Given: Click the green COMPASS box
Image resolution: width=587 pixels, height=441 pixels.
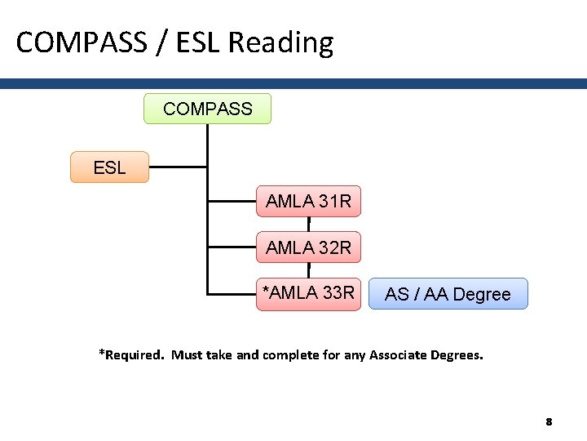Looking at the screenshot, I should (x=207, y=109).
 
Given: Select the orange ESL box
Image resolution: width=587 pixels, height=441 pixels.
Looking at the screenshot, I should (x=109, y=167).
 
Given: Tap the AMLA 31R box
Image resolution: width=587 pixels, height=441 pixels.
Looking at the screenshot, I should (x=308, y=201).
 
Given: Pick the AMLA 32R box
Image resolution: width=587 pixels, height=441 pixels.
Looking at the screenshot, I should (x=308, y=247).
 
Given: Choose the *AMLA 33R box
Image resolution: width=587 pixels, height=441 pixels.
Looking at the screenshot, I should (x=308, y=293).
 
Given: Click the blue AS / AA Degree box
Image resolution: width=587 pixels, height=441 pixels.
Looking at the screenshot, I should (x=448, y=294).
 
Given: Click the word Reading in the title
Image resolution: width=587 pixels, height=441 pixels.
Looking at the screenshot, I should (x=280, y=42).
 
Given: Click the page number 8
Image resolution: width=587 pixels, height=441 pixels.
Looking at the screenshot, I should (x=549, y=422).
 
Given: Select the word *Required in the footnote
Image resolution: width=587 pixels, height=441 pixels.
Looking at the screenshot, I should (x=130, y=354).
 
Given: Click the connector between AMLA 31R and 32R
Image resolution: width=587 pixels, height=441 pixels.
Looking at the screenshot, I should (x=309, y=225).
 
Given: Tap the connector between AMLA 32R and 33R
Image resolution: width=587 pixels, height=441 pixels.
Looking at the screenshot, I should (x=309, y=270).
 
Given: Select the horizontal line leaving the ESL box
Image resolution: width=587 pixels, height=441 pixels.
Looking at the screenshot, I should (x=178, y=167).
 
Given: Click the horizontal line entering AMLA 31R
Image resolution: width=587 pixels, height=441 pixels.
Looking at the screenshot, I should (x=232, y=200).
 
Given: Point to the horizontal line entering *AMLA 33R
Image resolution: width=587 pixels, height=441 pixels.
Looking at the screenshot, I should (x=232, y=292).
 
